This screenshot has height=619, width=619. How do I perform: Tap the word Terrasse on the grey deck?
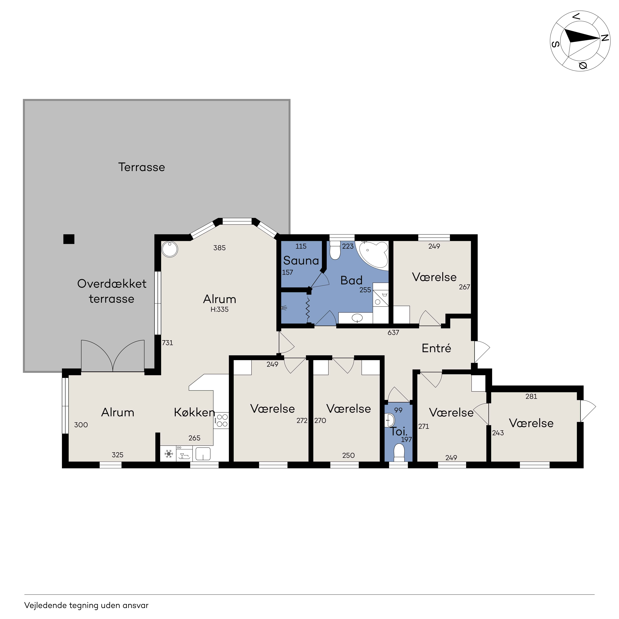tap(142, 167)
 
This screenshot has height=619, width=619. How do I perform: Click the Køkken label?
tap(194, 412)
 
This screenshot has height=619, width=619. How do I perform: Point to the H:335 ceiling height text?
tap(219, 309)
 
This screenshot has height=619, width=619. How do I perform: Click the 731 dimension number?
tap(168, 343)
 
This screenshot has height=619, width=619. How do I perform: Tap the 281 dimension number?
tap(531, 396)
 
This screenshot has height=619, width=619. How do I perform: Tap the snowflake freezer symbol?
tap(169, 454)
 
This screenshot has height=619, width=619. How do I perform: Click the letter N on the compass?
tap(604, 38)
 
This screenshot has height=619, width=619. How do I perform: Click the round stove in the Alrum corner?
tap(170, 249)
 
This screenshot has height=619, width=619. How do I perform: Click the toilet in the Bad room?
tap(335, 250)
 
